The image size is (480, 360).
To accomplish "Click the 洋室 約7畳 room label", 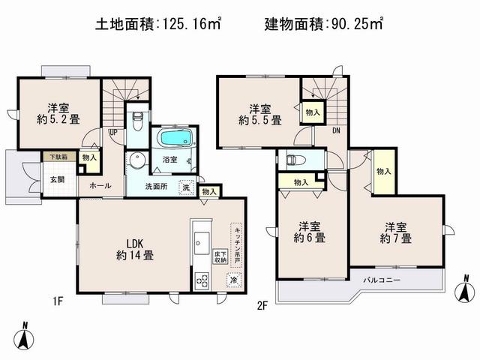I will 395,232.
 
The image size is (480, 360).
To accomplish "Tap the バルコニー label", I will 382,280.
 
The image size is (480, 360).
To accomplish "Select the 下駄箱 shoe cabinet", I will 58,157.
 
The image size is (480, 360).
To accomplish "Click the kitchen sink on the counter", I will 202,241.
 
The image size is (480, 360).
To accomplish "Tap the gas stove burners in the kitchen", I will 202,280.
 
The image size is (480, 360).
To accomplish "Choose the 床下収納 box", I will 220,256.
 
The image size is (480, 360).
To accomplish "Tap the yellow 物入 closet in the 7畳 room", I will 383,171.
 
